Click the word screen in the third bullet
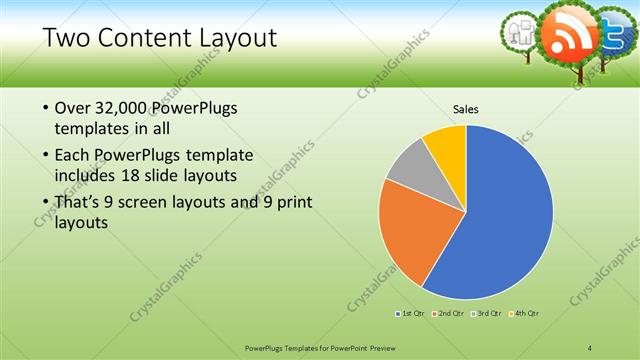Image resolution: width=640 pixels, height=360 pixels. pyautogui.click(x=147, y=203)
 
